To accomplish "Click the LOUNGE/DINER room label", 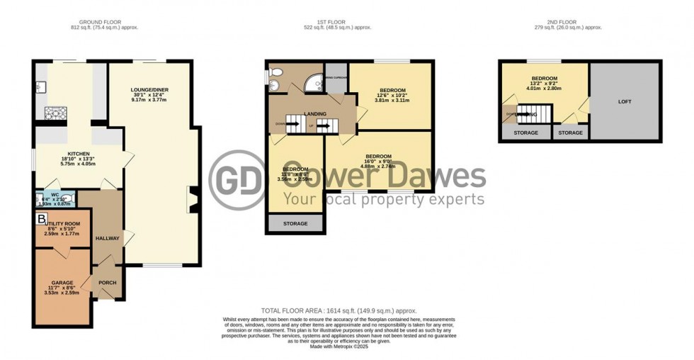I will (x=149, y=89).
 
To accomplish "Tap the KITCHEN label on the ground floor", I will (x=77, y=153).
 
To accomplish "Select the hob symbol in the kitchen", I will (x=55, y=113).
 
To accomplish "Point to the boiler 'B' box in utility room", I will (x=42, y=218).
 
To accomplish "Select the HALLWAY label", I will (x=108, y=238).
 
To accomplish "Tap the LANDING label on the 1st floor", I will (x=314, y=113).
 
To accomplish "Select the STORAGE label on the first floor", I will (x=295, y=224).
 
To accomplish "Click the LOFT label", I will (x=624, y=101).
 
